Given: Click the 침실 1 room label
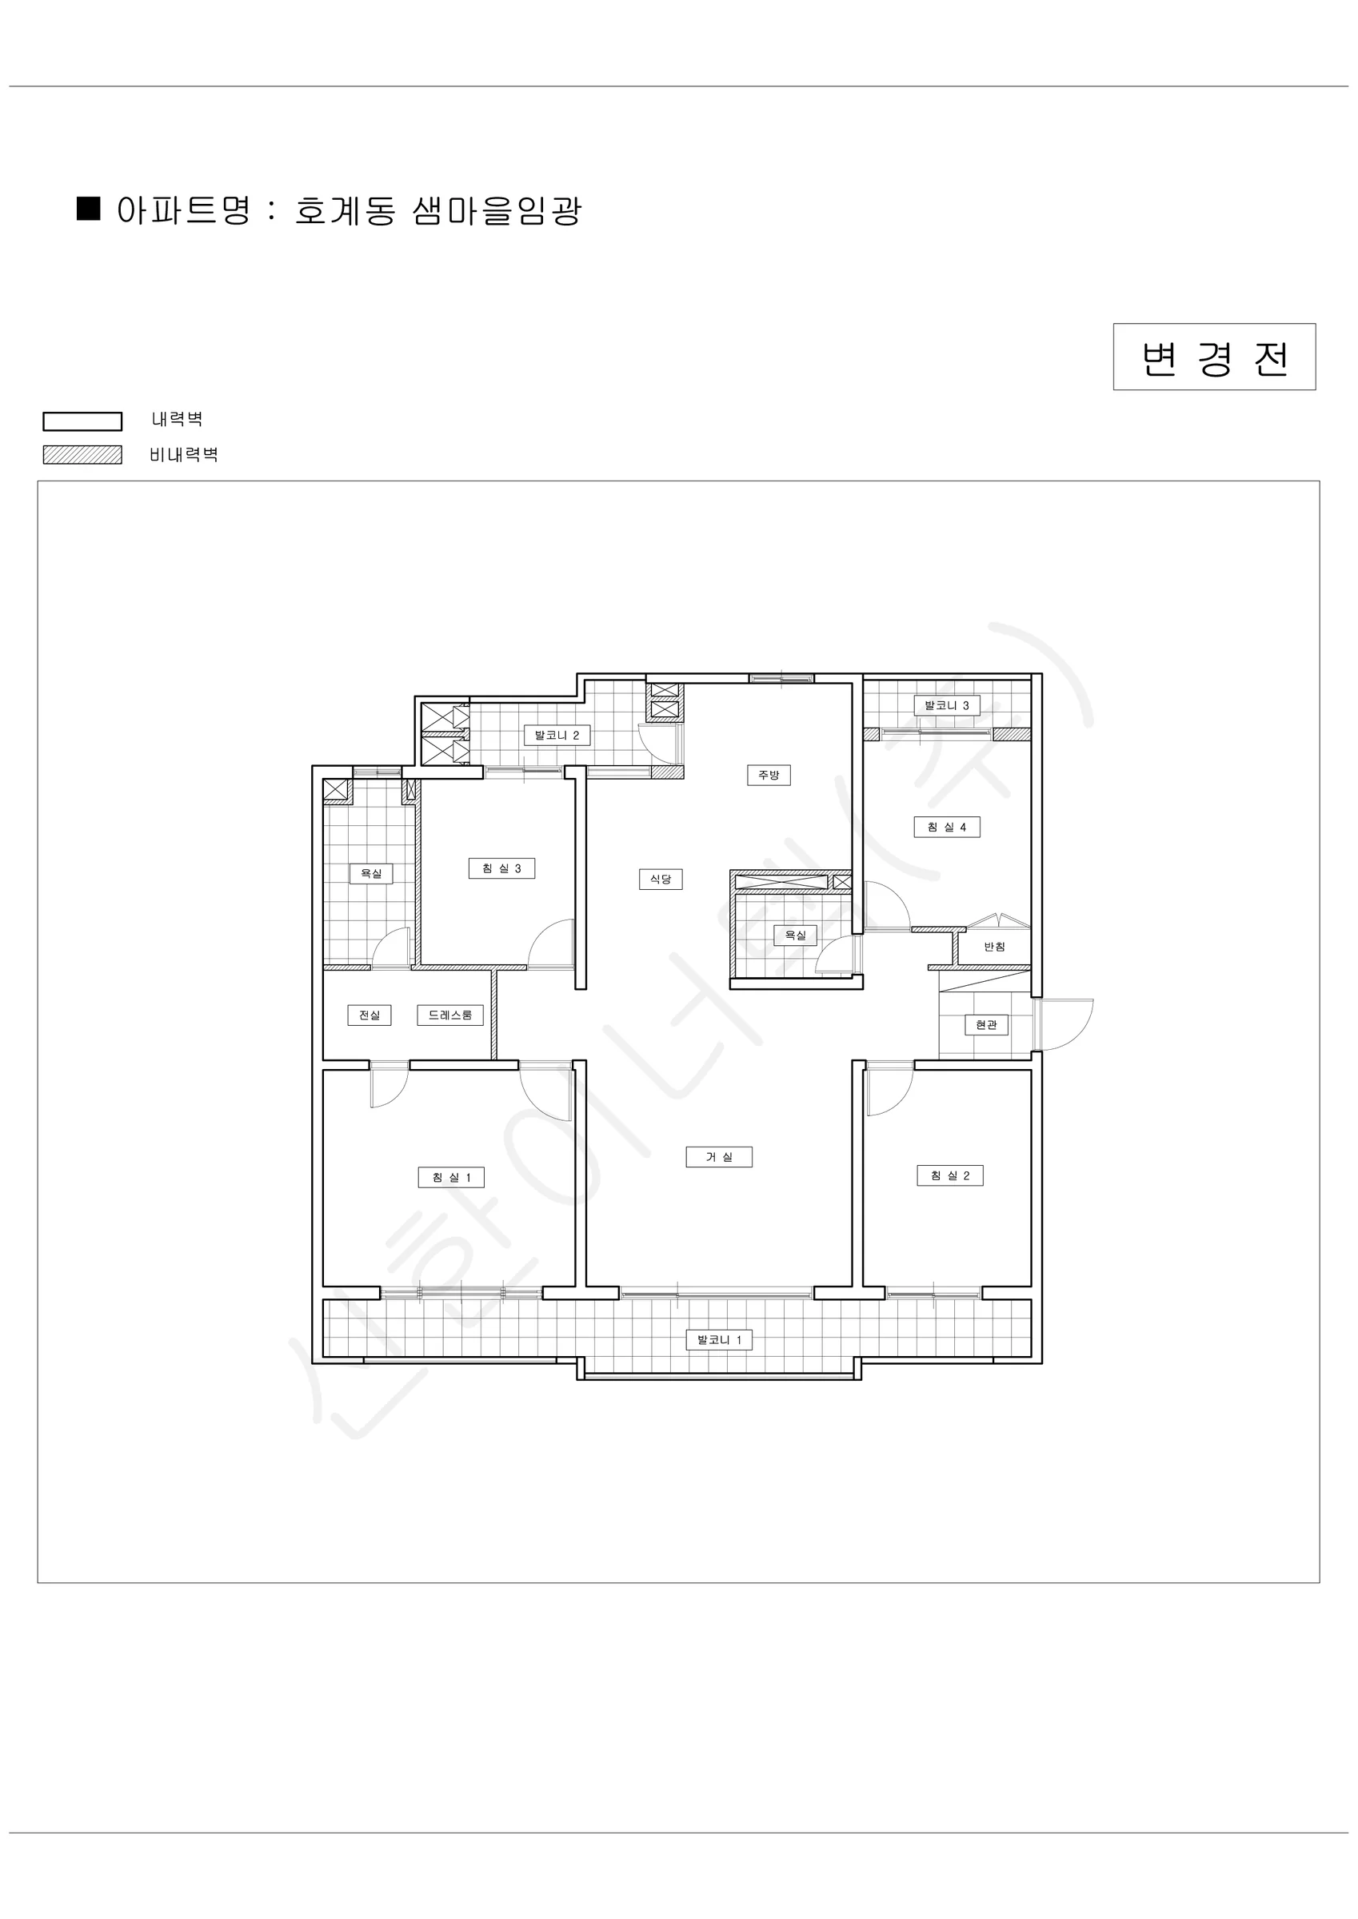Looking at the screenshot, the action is (x=452, y=1178).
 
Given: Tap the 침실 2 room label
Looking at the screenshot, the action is (x=951, y=1176).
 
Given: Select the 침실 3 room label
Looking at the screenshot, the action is (x=501, y=868).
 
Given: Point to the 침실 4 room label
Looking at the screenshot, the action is (x=947, y=828).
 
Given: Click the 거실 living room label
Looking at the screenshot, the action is (x=719, y=1157).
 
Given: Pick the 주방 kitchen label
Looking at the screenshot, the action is (x=769, y=775).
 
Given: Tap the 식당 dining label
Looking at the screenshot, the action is (x=661, y=880).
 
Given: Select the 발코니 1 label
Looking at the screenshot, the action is (x=719, y=1340).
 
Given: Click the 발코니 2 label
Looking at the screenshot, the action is (x=557, y=736).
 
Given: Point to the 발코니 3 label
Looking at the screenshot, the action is (x=947, y=705).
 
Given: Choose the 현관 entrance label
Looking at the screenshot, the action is (x=987, y=1025).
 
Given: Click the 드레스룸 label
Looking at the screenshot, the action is (x=451, y=1015).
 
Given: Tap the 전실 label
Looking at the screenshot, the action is (x=369, y=1015).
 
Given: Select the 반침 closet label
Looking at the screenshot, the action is (x=994, y=947).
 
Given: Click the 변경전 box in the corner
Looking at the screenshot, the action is (x=1214, y=357).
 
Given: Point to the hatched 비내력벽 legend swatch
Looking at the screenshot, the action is (x=83, y=455).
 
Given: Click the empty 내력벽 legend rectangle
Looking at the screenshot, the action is (x=83, y=421).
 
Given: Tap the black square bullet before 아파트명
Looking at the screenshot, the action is (x=89, y=208).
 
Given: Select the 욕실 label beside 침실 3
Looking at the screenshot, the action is (x=371, y=873).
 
